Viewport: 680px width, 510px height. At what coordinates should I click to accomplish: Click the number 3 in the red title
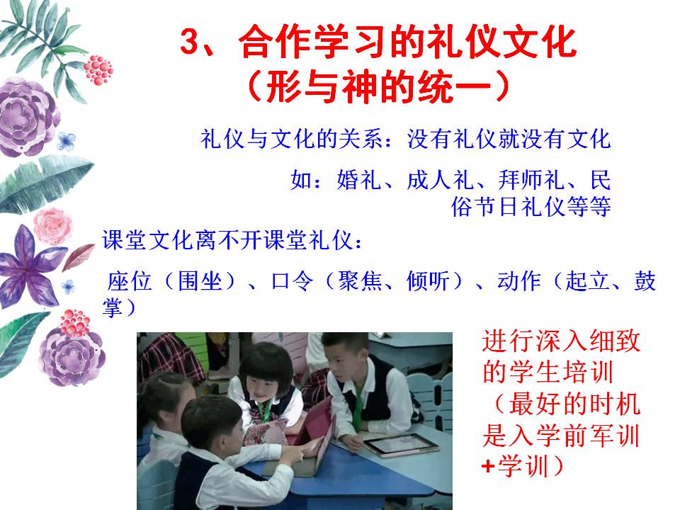(190, 42)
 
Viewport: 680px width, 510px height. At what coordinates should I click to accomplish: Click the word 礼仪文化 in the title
(501, 42)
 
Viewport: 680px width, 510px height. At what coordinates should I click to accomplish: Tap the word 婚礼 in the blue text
(358, 180)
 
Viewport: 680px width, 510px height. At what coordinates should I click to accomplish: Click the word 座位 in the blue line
(129, 281)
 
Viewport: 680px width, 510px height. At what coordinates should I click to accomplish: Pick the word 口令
(292, 281)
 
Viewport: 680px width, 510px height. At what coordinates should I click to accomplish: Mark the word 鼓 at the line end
(645, 281)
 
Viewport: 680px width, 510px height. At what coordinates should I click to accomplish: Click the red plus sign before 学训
(488, 467)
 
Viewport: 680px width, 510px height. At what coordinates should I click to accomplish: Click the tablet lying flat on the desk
(399, 445)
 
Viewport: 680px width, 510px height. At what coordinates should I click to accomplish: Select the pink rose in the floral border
(53, 225)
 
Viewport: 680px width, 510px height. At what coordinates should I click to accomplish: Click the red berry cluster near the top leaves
(98, 70)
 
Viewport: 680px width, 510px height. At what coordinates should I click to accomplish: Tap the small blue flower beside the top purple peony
(67, 141)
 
